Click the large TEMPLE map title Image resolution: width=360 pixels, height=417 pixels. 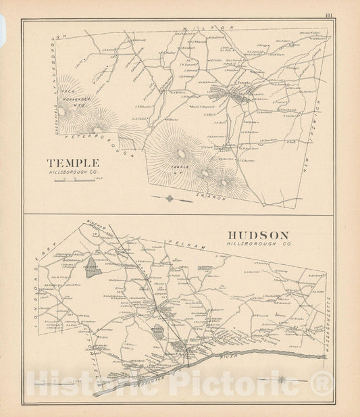(x=72, y=163)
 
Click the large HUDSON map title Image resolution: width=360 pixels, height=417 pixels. (x=259, y=235)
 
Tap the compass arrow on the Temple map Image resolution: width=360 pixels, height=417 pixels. (x=170, y=199)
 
